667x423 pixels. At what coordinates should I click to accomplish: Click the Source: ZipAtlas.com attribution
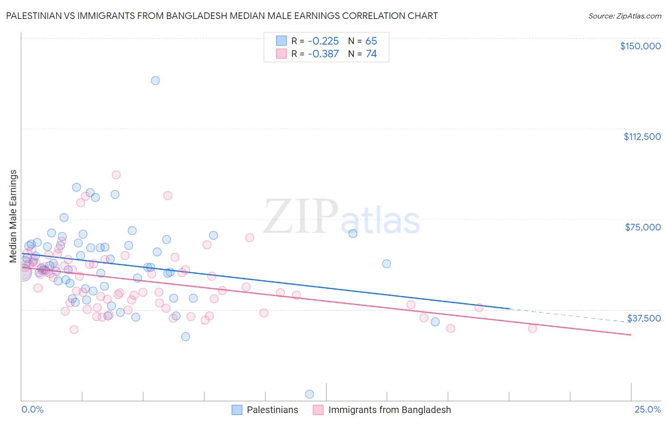click(624, 16)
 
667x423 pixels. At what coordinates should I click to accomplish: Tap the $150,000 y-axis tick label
click(640, 46)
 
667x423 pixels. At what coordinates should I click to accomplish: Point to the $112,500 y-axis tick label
click(642, 137)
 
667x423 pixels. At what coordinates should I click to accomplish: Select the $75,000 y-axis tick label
click(643, 227)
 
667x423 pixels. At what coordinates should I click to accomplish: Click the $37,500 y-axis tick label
click(644, 318)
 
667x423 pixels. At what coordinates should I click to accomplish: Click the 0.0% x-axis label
click(32, 409)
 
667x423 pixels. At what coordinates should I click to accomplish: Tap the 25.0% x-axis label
click(648, 409)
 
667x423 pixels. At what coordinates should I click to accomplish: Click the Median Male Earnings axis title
click(13, 216)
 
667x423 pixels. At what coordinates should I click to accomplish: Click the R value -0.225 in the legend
click(323, 41)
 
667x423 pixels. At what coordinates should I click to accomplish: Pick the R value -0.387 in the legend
click(323, 54)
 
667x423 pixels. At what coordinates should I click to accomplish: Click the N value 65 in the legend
click(371, 41)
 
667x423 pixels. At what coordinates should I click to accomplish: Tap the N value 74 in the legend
click(371, 54)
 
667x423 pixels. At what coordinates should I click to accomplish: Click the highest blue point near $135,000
click(155, 81)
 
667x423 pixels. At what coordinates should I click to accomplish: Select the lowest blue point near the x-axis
click(310, 394)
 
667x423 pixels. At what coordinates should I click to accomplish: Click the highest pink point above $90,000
click(116, 175)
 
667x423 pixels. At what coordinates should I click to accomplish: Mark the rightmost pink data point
click(532, 328)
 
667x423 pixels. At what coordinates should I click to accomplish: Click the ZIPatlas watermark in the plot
click(342, 217)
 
